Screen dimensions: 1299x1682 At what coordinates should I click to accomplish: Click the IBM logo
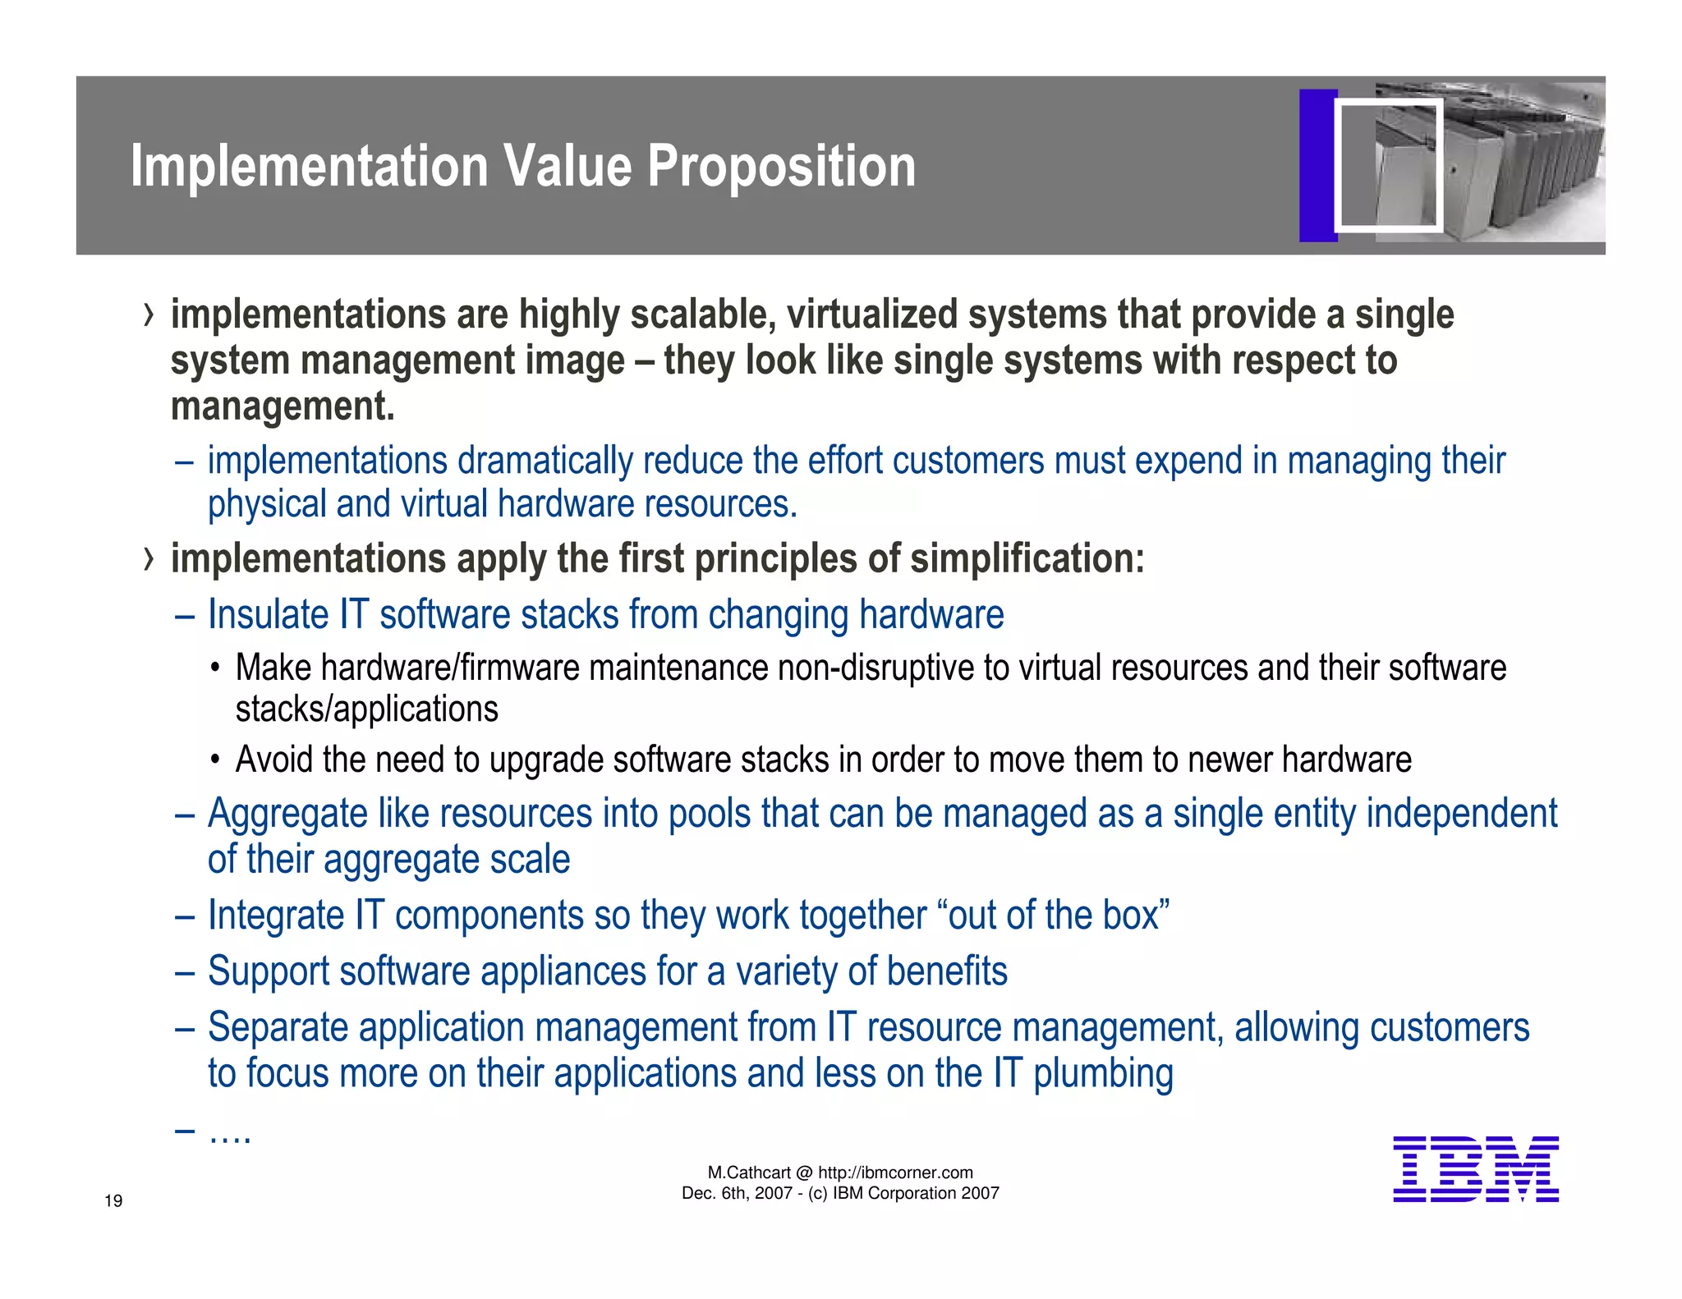(x=1475, y=1169)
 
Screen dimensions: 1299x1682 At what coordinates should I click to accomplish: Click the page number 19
(x=113, y=1201)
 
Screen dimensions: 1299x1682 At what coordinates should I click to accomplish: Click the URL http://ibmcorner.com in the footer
(x=895, y=1173)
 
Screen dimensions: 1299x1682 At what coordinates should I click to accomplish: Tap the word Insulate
(x=267, y=615)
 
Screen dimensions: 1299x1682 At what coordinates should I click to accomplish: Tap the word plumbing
(x=1103, y=1074)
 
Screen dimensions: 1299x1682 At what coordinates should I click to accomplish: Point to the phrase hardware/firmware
(x=450, y=668)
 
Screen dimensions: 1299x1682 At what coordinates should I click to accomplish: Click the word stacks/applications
(x=366, y=709)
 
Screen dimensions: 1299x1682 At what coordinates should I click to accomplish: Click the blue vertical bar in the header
(x=1317, y=165)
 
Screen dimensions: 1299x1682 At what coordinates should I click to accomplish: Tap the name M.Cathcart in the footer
(x=749, y=1173)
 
